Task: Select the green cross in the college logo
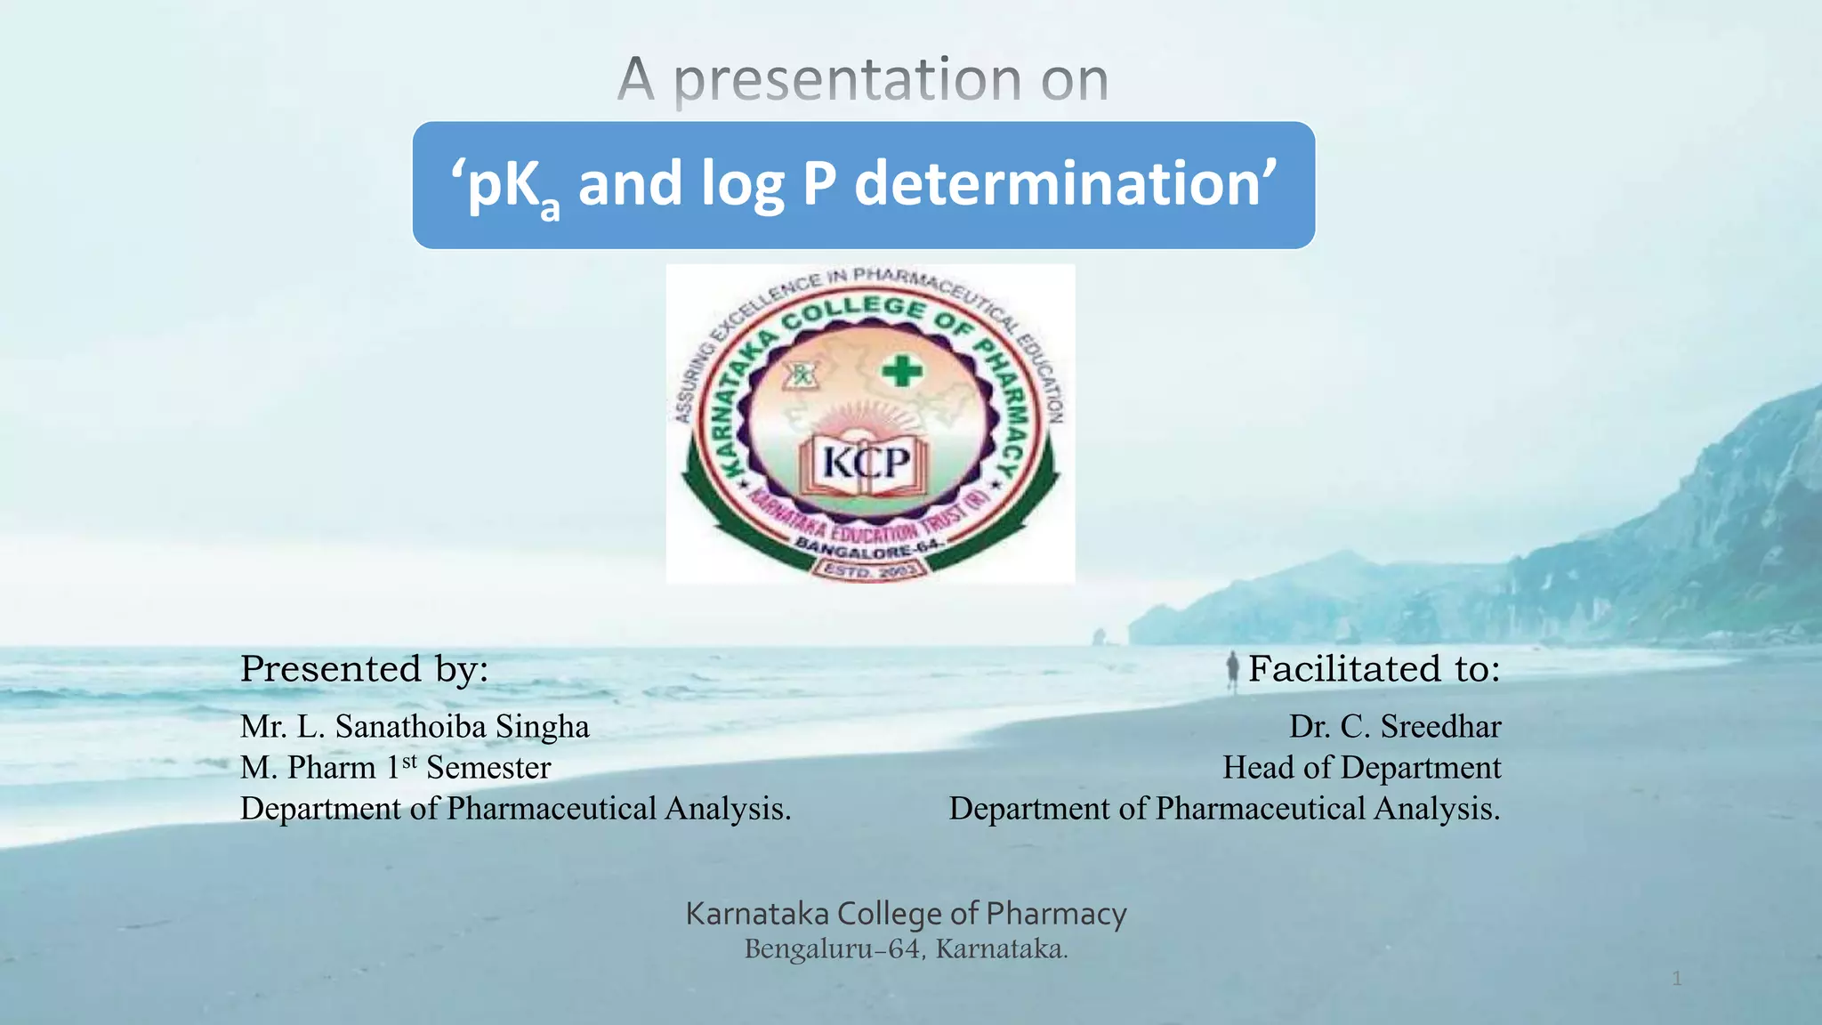[902, 370]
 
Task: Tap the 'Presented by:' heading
[364, 669]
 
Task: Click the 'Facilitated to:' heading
[1374, 669]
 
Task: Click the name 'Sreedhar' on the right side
[1440, 727]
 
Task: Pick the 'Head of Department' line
[1361, 767]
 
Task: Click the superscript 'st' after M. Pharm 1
[409, 761]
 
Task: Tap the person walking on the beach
[1233, 669]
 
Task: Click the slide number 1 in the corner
[1676, 979]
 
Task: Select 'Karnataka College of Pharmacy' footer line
[906, 914]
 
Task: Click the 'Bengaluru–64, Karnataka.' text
[906, 949]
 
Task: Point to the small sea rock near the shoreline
[1100, 636]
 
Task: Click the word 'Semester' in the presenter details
[488, 767]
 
